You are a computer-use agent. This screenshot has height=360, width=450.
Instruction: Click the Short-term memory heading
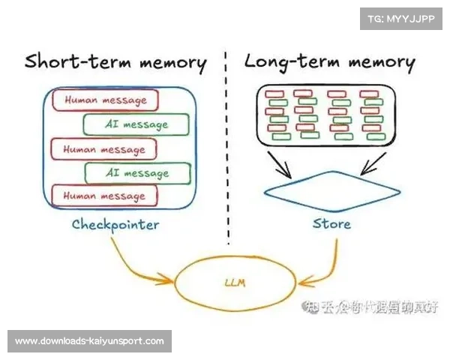click(x=115, y=61)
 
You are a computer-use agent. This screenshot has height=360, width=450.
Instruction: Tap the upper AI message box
click(x=135, y=124)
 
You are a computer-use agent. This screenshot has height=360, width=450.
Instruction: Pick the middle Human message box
click(x=103, y=149)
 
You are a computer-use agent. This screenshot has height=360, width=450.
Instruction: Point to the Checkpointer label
click(x=115, y=223)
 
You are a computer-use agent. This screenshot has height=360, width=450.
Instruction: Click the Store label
click(x=331, y=223)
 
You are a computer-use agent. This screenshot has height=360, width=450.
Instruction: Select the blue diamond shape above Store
click(x=331, y=187)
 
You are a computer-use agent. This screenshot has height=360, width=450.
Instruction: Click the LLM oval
click(x=235, y=283)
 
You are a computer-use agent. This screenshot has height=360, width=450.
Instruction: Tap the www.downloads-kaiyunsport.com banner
click(x=89, y=341)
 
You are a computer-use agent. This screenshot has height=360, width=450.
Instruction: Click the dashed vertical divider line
click(x=227, y=150)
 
